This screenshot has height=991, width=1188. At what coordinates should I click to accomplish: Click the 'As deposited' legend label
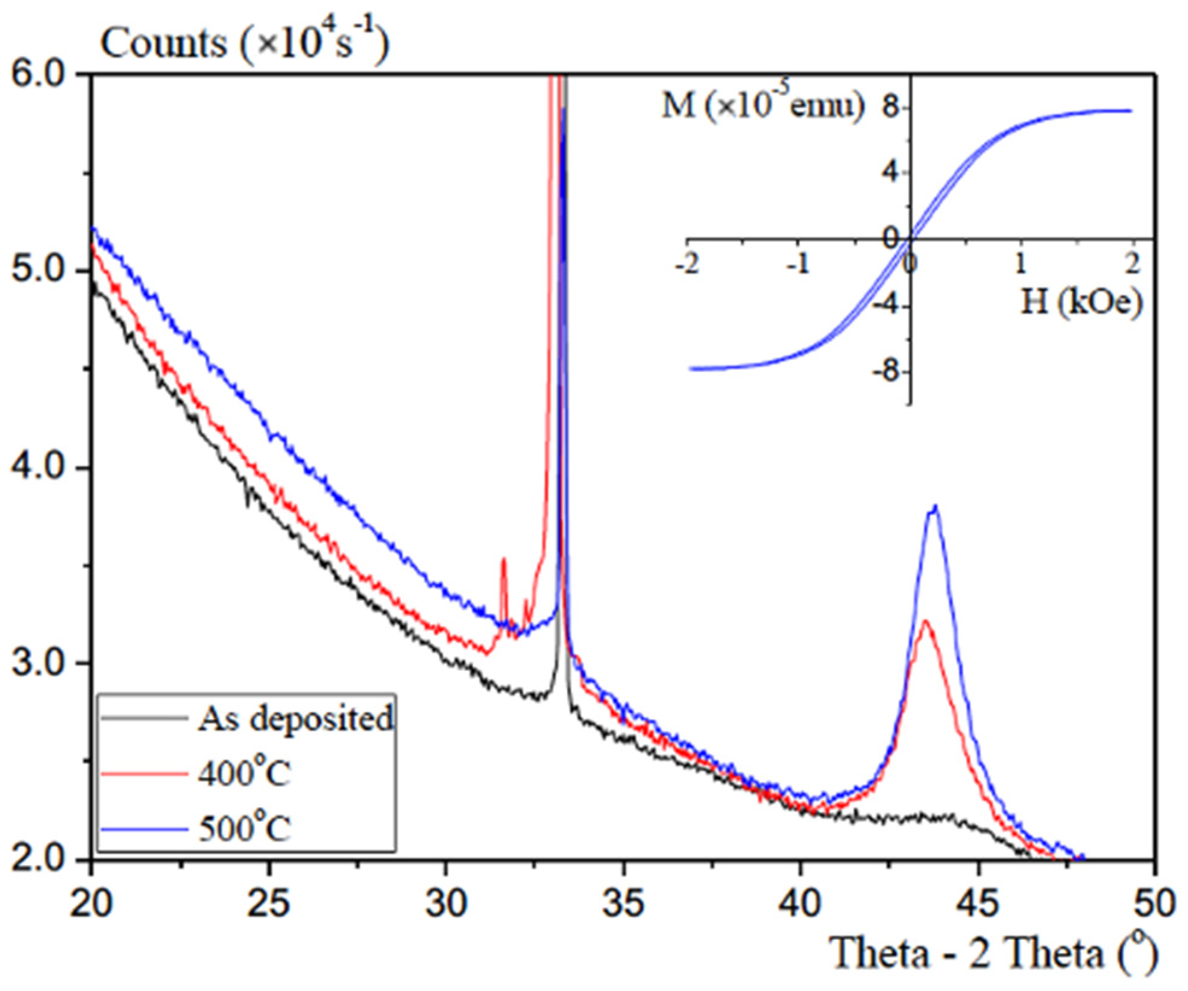(x=295, y=719)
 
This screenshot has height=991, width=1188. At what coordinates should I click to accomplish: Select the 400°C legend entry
(x=244, y=773)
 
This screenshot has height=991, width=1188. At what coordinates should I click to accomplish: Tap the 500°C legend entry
(x=244, y=828)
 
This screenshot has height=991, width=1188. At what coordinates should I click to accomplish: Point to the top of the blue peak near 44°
(x=935, y=506)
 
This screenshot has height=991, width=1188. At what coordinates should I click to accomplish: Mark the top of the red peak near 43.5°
(x=925, y=621)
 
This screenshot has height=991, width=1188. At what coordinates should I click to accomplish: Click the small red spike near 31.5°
(x=504, y=561)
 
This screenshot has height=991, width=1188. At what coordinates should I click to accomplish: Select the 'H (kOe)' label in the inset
(x=1081, y=301)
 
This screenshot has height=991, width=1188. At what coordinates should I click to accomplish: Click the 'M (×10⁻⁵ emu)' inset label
(x=762, y=106)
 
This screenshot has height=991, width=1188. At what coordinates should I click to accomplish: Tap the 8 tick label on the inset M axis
(x=891, y=109)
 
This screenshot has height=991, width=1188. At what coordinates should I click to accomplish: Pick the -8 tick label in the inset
(x=885, y=370)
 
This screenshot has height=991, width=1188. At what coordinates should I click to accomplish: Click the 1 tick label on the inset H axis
(x=1020, y=264)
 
